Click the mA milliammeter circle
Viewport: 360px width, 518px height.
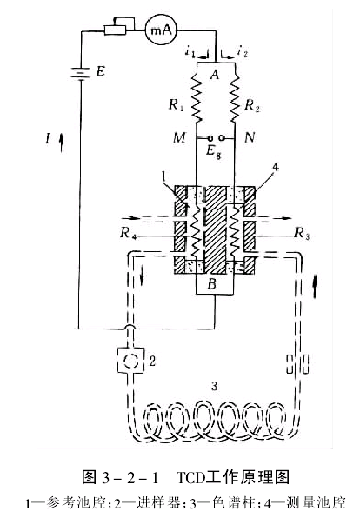[162, 30]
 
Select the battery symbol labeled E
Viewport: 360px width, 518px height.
[80, 72]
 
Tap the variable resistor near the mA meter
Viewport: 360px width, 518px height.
[115, 30]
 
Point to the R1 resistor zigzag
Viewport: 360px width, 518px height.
[197, 101]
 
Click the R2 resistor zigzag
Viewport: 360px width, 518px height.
[235, 101]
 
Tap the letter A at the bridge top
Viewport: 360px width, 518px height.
[215, 75]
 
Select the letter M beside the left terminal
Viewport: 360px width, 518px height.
[179, 137]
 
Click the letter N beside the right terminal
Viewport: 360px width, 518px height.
[250, 136]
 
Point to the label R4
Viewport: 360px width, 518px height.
[129, 233]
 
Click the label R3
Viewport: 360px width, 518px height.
[302, 233]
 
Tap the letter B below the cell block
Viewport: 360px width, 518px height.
[212, 284]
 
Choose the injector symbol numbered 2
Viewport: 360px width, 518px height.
[131, 361]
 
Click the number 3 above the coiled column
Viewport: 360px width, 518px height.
[215, 386]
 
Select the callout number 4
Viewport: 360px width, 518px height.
[275, 168]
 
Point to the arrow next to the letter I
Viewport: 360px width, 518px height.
[62, 142]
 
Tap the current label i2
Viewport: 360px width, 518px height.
[243, 51]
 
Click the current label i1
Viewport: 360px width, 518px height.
[190, 52]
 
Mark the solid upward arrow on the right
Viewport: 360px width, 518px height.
[316, 288]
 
